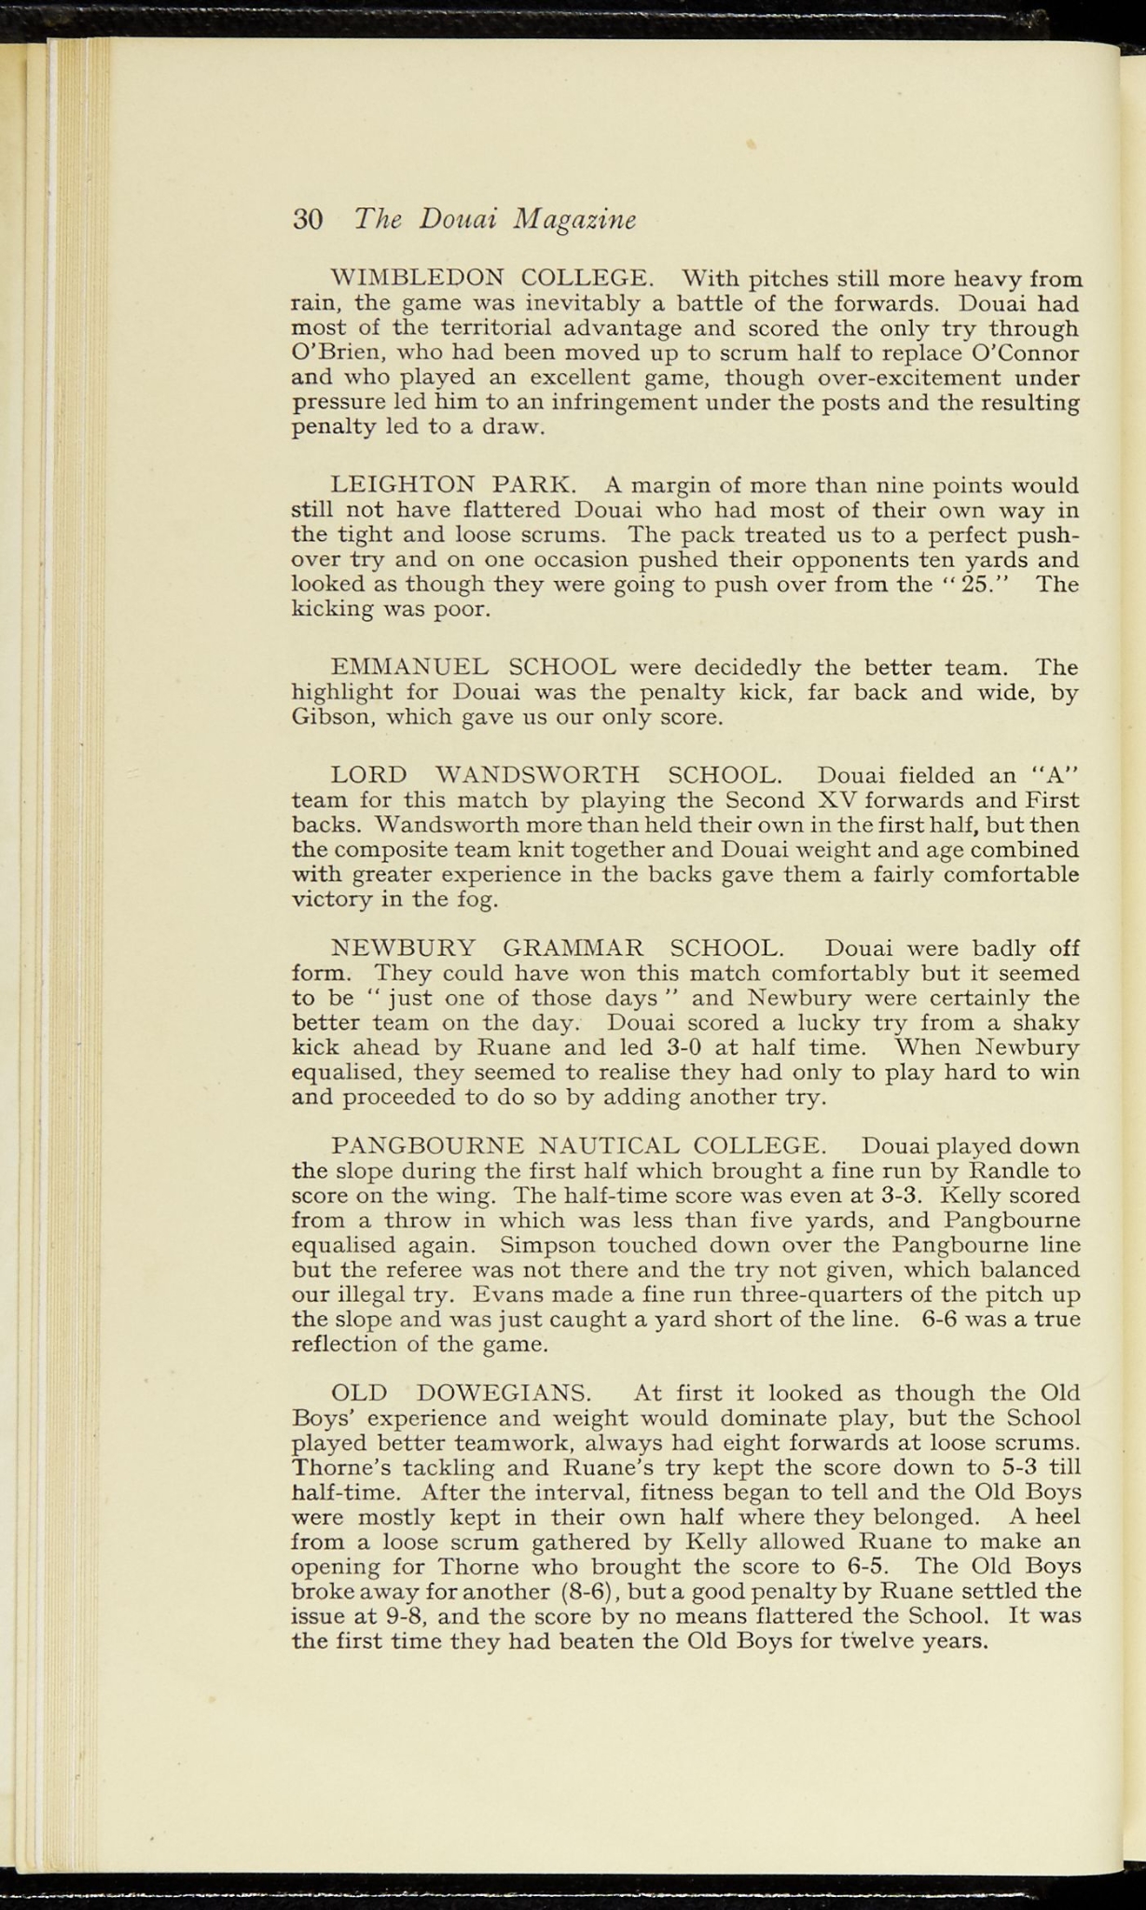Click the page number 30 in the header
tap(308, 219)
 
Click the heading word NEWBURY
tap(404, 948)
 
